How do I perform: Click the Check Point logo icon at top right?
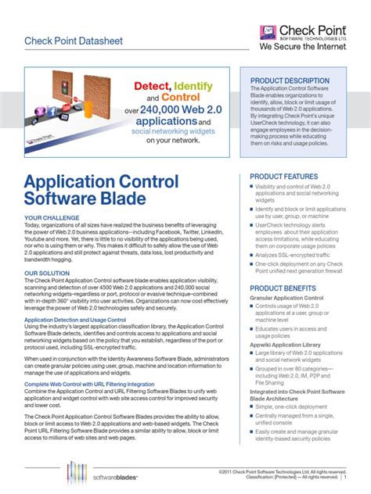[x=267, y=29]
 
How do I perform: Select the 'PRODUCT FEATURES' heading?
[x=283, y=177]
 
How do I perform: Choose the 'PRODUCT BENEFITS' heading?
[x=283, y=288]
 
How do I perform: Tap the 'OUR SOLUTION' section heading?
[x=47, y=274]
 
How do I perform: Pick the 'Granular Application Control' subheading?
[x=286, y=299]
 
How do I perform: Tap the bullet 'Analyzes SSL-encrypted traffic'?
[x=294, y=255]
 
